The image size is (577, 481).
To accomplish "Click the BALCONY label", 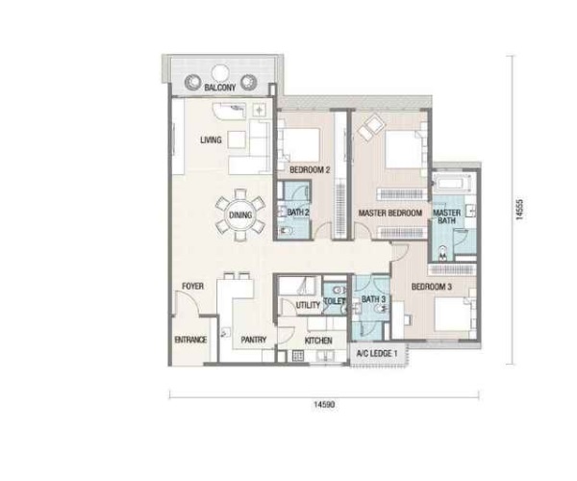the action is click(x=219, y=88).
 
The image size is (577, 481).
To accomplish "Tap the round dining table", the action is click(x=240, y=215).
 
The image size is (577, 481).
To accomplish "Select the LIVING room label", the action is click(x=211, y=139).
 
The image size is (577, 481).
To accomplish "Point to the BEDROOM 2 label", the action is click(x=310, y=170).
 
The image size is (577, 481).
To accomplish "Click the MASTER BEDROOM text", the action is click(x=390, y=213).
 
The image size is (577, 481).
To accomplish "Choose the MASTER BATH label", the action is click(x=447, y=216).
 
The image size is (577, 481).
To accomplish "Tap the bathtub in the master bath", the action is click(x=452, y=184).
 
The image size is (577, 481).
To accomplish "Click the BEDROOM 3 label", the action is click(x=431, y=287).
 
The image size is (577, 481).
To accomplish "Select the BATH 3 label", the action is click(x=373, y=299).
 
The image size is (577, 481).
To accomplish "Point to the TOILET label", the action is click(x=334, y=301).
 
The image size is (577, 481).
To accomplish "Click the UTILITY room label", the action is click(x=308, y=305).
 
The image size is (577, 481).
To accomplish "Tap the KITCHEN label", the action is click(x=318, y=341).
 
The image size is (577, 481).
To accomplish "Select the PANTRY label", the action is click(x=254, y=340).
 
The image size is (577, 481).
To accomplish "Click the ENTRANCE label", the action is click(x=190, y=340).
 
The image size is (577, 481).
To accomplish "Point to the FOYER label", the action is click(x=193, y=286).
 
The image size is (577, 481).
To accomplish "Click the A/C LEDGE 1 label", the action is click(x=377, y=354).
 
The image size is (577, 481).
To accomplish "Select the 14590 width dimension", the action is click(x=324, y=405).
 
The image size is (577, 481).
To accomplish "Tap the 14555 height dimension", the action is click(x=519, y=210).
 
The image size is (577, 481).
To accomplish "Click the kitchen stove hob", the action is click(x=298, y=356).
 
